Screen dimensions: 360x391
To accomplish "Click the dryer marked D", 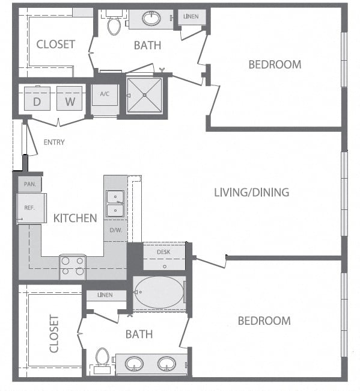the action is [x=37, y=99].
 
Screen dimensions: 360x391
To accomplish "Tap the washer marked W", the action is [x=70, y=99].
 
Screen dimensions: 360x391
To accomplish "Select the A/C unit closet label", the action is [x=105, y=94].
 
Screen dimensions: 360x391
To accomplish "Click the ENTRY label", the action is [x=54, y=142].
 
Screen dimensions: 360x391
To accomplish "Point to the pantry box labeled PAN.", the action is [x=29, y=184].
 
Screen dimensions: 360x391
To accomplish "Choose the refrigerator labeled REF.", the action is [x=32, y=208].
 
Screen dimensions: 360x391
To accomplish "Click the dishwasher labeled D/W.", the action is [x=116, y=230].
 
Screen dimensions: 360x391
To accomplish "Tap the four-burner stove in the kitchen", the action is [x=73, y=267].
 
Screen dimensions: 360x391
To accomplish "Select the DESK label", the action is [x=163, y=252].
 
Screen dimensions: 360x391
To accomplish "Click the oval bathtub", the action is [x=159, y=292].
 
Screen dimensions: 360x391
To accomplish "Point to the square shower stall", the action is [x=144, y=95].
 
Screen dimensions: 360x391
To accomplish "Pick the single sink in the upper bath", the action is [x=151, y=18].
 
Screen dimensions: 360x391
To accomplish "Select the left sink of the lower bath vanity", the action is [x=134, y=364].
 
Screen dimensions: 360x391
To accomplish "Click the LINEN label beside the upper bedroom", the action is [x=191, y=16].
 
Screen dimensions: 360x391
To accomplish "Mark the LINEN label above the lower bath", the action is [x=105, y=295].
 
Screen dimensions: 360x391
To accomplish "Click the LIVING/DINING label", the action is [x=252, y=192].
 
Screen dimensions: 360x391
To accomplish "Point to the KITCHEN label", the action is [x=75, y=218].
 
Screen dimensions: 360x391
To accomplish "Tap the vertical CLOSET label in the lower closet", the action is [x=54, y=334].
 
